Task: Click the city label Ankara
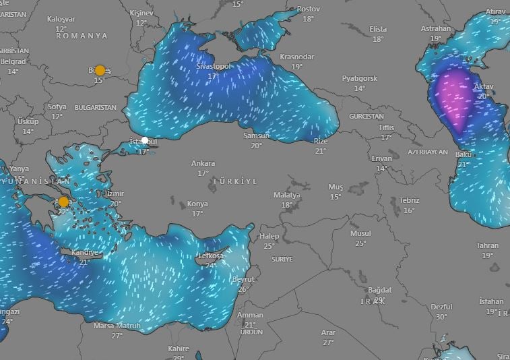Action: tap(203, 163)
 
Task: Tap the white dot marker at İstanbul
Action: tap(144, 140)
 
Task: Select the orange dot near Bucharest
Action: tap(100, 70)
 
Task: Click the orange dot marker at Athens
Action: tap(63, 202)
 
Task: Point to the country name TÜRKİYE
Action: tap(234, 182)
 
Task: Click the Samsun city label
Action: tap(257, 136)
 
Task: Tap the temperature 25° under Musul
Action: tap(360, 243)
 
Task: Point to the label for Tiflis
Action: tap(386, 127)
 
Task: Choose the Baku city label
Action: tap(463, 155)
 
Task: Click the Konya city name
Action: tap(197, 204)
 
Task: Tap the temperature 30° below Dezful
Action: tap(441, 317)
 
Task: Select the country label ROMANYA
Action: tap(82, 36)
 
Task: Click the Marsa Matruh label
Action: tap(117, 326)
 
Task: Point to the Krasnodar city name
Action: tap(297, 57)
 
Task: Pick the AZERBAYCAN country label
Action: tap(427, 152)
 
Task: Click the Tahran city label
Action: tap(487, 246)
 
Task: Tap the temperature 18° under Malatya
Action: tap(287, 205)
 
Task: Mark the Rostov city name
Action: tap(308, 9)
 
